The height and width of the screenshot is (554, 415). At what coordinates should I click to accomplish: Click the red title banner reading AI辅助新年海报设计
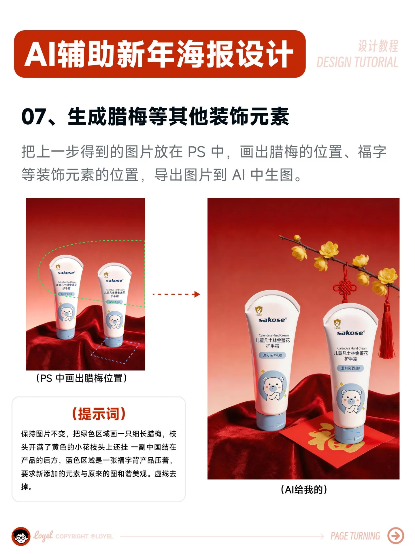tap(159, 54)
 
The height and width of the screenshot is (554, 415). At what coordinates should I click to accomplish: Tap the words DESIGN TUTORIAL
tap(357, 62)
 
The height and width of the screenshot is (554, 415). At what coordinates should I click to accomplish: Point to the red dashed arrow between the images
tap(176, 294)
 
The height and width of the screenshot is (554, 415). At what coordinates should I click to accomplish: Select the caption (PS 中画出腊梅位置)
tap(82, 378)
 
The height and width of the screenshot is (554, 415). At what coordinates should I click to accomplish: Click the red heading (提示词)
tap(99, 414)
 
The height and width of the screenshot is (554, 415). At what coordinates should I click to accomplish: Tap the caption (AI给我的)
tap(304, 490)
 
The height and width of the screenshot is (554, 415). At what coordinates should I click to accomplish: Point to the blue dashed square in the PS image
tap(115, 351)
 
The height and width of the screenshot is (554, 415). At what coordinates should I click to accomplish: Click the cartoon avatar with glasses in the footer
tap(21, 536)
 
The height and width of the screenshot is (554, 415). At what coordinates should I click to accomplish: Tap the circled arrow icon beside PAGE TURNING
tap(396, 536)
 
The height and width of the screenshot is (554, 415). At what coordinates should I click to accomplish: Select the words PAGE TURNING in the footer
tap(355, 536)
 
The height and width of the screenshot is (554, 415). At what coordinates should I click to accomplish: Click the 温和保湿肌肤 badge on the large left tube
tap(272, 355)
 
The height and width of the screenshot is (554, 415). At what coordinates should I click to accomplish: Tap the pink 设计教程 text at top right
tap(378, 46)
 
